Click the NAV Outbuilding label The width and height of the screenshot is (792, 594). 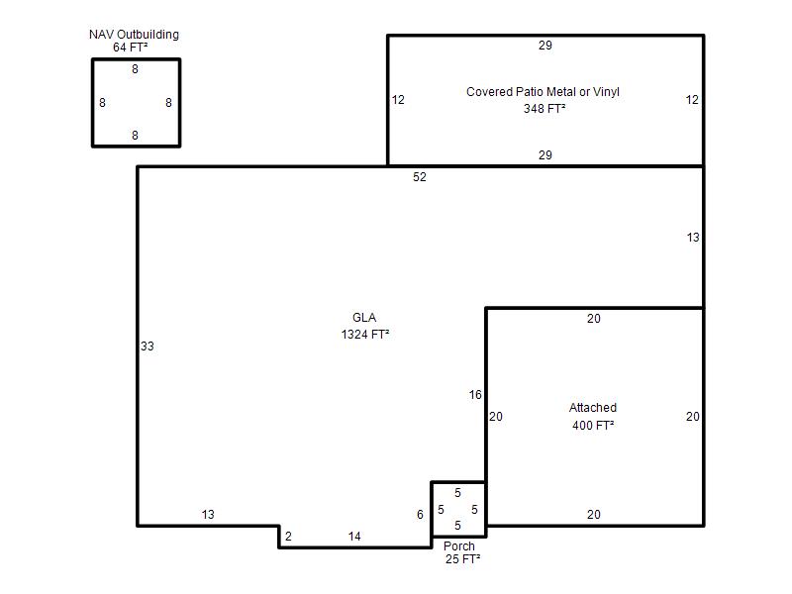(x=134, y=35)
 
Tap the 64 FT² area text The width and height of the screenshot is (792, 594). (x=131, y=47)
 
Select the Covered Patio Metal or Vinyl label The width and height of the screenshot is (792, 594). (x=543, y=91)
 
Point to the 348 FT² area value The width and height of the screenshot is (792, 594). (x=544, y=108)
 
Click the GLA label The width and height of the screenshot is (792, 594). (x=364, y=317)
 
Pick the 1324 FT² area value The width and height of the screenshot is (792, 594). (x=365, y=334)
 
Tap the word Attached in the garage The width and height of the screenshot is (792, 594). (x=592, y=407)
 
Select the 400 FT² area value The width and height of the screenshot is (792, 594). (x=593, y=425)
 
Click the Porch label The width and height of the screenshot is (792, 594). (x=459, y=546)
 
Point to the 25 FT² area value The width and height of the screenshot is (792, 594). (x=462, y=558)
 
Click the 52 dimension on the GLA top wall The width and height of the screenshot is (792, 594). (x=419, y=177)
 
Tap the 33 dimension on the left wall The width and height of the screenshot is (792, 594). (x=147, y=346)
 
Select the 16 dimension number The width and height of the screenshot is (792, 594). (x=475, y=394)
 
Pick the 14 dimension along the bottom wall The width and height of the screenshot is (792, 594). (x=354, y=536)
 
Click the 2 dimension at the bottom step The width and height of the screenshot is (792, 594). (x=288, y=536)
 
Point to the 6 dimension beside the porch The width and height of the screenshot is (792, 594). (x=420, y=514)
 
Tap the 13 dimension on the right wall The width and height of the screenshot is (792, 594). (x=692, y=237)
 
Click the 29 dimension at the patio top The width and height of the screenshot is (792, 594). (x=545, y=45)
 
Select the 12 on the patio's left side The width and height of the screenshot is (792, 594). (x=398, y=100)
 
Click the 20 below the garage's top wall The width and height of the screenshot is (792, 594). (x=593, y=318)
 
